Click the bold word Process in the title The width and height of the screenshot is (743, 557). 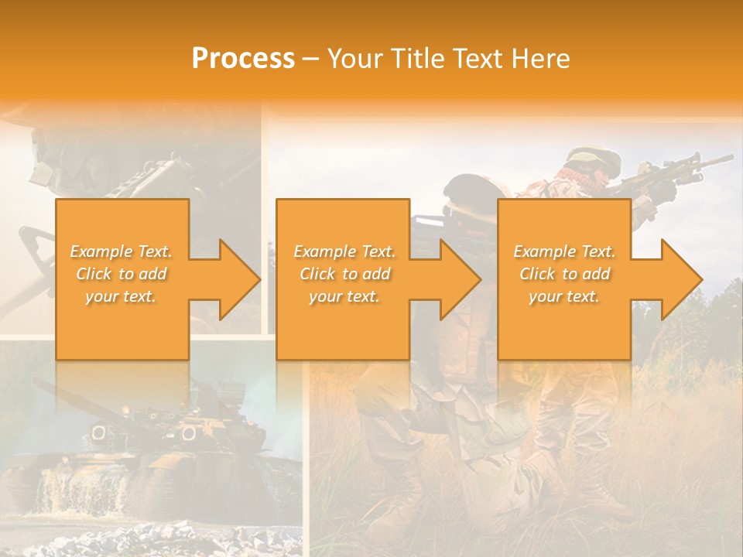coord(243,59)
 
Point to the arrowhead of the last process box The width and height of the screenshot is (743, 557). coord(680,279)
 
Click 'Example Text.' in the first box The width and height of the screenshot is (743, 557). coord(122,251)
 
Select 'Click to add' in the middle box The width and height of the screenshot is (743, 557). coord(344,274)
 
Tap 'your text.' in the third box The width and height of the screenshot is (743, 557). coord(564,296)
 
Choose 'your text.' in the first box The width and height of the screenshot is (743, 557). coord(122,296)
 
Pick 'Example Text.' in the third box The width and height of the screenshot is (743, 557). coord(564,251)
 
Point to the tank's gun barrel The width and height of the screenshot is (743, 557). coord(85,402)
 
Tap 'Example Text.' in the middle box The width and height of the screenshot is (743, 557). coord(344,251)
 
